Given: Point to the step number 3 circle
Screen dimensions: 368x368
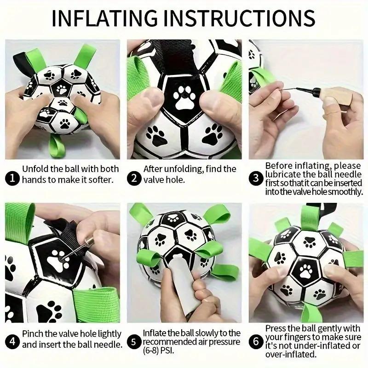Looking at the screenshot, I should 256,177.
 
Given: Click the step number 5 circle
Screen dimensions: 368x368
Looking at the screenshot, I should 133,341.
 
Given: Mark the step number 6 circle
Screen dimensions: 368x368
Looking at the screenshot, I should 256,341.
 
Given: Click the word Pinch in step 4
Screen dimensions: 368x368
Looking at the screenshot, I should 33,333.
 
